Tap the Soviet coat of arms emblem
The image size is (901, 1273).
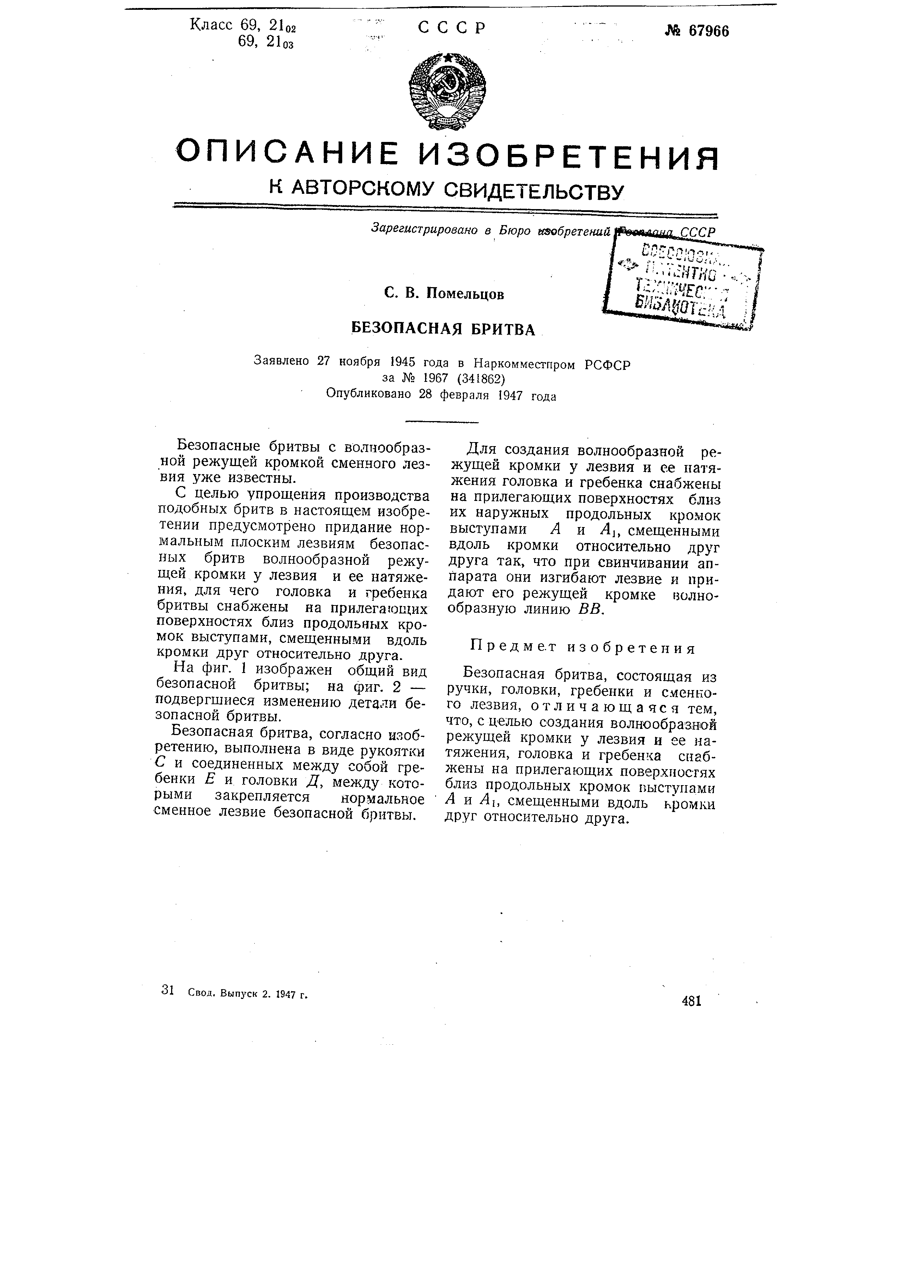click(447, 91)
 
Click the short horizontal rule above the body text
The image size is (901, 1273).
click(442, 423)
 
